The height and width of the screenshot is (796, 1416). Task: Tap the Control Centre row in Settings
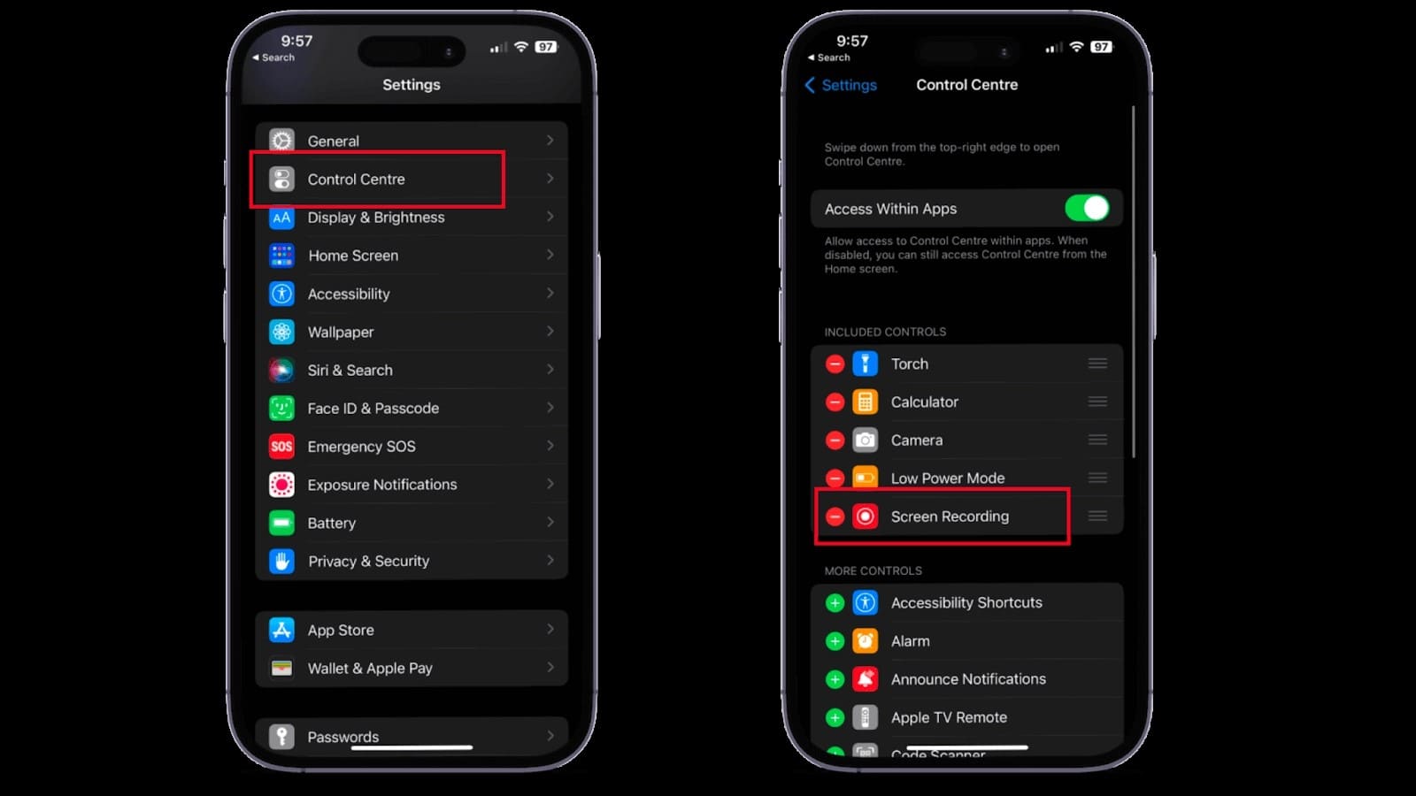click(411, 179)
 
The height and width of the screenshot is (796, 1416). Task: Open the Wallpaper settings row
click(411, 332)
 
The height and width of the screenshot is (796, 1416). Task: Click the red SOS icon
click(281, 446)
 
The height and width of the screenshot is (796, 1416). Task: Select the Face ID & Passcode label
click(373, 408)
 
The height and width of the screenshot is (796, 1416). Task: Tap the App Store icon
click(281, 630)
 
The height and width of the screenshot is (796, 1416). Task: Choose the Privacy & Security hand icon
click(281, 561)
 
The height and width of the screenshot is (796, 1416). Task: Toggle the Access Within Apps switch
click(1087, 208)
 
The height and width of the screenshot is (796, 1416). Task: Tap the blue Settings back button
click(841, 85)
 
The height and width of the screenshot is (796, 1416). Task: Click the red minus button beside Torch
click(835, 364)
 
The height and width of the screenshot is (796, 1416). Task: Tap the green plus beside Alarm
click(835, 641)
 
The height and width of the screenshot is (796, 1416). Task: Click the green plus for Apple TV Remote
click(835, 717)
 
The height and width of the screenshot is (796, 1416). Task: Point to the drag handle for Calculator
click(1097, 402)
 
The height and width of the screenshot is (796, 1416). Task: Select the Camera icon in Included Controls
click(865, 440)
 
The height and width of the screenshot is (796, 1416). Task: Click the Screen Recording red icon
click(865, 517)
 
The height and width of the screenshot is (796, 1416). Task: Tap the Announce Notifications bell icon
click(865, 679)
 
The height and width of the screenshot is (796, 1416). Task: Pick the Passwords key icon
click(281, 737)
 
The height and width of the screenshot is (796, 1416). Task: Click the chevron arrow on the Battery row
click(550, 523)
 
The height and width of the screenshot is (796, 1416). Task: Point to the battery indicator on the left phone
click(545, 47)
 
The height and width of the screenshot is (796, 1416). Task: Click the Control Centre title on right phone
click(966, 85)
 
